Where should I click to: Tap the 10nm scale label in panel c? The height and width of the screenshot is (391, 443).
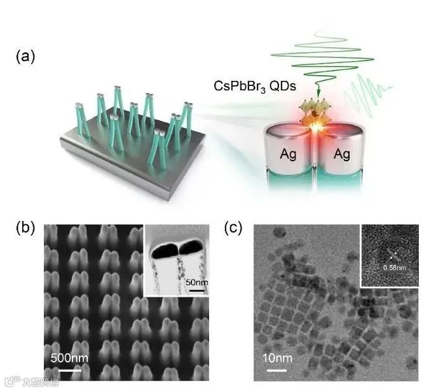tap(276, 359)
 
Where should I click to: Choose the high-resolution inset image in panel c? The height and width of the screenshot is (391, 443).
tap(389, 255)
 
